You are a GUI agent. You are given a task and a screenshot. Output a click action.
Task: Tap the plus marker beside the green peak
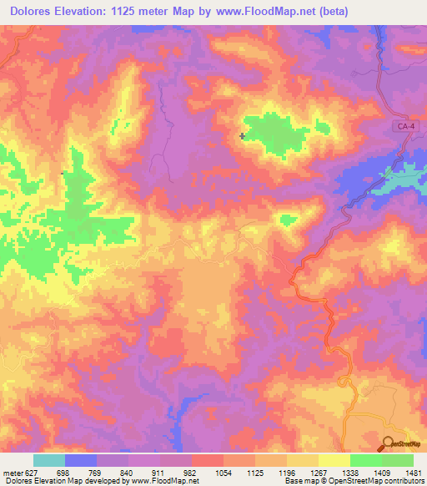coord(242,135)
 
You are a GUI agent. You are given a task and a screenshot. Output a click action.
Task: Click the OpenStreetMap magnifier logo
coord(388,443)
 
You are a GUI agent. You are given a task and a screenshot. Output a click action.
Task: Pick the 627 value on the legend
coord(34,471)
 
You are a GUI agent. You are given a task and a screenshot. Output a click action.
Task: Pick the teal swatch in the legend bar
coord(48,460)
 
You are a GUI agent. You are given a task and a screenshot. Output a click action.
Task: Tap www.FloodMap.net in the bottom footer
coord(170,481)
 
